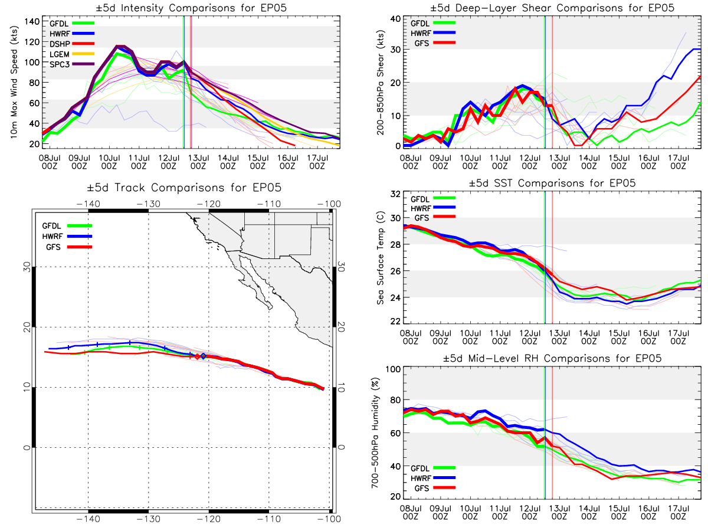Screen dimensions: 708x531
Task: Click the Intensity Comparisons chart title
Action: [x=191, y=8]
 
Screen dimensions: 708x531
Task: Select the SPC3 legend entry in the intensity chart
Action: [x=71, y=64]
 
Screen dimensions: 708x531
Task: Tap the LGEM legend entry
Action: [x=71, y=54]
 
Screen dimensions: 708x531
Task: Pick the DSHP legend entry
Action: [x=71, y=44]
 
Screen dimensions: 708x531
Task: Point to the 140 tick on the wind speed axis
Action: [x=32, y=22]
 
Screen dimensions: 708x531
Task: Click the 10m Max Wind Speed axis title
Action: [x=14, y=82]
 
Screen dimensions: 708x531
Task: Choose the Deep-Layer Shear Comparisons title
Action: [x=552, y=8]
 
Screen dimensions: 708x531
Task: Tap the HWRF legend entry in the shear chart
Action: [x=433, y=33]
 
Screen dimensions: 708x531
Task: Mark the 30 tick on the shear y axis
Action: [x=395, y=50]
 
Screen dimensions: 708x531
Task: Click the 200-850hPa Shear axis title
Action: [x=381, y=83]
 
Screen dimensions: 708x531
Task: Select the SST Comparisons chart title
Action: [x=552, y=183]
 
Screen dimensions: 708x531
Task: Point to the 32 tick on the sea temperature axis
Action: [x=395, y=194]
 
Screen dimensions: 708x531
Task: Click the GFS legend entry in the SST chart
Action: [x=435, y=218]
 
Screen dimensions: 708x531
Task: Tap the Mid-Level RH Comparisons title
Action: [x=552, y=358]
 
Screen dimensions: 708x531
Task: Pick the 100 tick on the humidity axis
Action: [x=393, y=369]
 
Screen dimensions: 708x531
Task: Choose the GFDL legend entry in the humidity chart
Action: [x=433, y=468]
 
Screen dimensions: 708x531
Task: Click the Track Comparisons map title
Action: [x=184, y=188]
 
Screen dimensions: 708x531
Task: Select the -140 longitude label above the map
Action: [x=88, y=204]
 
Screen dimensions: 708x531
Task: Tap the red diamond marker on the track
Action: [x=198, y=356]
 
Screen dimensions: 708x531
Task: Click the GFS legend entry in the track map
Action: [x=69, y=247]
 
